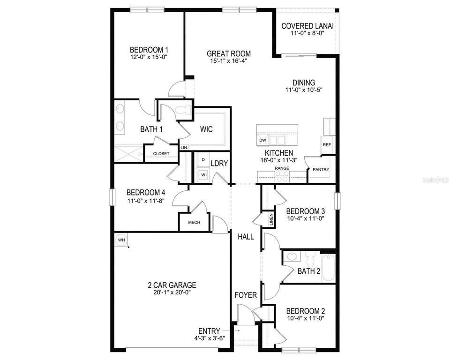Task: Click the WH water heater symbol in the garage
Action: coord(121,240)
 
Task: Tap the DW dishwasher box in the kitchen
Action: coord(262,140)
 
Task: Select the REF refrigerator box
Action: coord(327,145)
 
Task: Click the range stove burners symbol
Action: coord(282,176)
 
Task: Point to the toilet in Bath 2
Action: coord(310,259)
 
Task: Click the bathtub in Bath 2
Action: coord(328,268)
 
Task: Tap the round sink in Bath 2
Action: coord(292,257)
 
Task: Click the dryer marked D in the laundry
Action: coord(203,160)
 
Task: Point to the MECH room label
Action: coord(194,223)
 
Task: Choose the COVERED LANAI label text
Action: coord(307,26)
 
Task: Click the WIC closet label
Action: coord(207,129)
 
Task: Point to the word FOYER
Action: coord(246,295)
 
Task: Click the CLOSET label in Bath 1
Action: coord(161,153)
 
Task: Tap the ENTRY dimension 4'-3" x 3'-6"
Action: coord(209,337)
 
